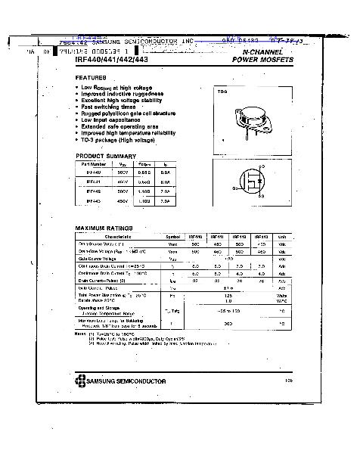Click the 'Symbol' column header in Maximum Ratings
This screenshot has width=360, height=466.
coord(174,237)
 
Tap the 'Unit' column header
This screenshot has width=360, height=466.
coord(282,237)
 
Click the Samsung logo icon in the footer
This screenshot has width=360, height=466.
coord(80,378)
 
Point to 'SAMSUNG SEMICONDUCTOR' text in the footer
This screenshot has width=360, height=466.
coord(125,378)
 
